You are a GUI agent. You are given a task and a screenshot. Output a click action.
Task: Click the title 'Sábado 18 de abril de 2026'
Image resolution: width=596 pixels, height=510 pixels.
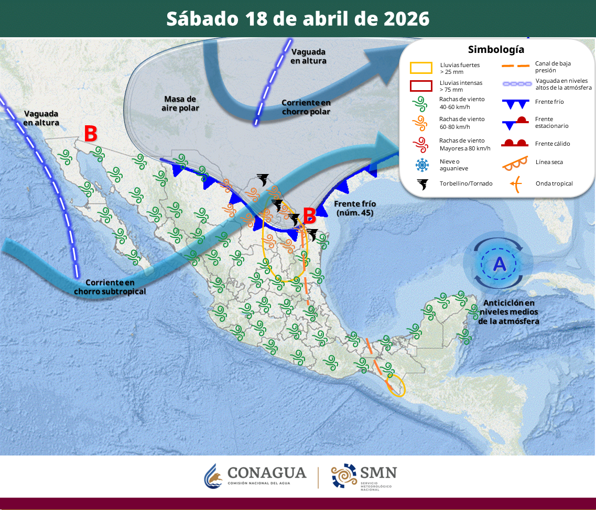point(298,19)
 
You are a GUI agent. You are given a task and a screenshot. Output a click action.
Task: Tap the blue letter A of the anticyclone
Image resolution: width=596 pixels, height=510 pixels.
point(500,264)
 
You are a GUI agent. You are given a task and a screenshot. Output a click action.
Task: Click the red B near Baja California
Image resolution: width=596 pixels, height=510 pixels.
point(91,134)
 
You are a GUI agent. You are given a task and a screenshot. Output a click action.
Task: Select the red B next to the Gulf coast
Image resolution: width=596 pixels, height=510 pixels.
point(309,215)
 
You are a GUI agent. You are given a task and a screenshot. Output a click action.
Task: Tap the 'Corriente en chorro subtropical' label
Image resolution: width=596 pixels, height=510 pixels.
point(110,287)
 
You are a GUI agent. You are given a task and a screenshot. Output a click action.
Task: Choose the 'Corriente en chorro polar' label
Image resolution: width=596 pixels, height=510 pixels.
point(306,107)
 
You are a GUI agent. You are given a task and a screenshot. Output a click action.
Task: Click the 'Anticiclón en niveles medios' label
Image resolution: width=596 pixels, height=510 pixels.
point(508,312)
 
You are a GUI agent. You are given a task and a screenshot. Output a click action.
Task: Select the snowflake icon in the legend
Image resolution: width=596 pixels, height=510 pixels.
point(421,165)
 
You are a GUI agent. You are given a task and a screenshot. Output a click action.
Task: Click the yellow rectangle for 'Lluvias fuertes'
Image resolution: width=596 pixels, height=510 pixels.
point(421,68)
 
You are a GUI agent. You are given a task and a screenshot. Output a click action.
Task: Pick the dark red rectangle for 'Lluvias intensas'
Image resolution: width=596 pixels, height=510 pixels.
point(421,86)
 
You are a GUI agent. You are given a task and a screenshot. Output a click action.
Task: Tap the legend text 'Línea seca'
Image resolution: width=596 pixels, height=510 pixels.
point(549,162)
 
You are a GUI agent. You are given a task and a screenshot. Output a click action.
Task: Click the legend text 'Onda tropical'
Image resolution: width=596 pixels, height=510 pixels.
point(554,183)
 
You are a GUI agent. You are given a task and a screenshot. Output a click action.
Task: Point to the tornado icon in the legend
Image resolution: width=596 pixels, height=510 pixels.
point(421,183)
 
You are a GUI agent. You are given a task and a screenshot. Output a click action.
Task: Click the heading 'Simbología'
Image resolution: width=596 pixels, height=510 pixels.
point(496,50)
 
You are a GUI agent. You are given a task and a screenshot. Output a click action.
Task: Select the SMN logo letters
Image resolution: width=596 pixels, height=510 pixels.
point(378,473)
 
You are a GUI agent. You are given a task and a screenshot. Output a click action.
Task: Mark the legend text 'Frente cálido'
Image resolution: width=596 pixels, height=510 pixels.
point(552,144)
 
